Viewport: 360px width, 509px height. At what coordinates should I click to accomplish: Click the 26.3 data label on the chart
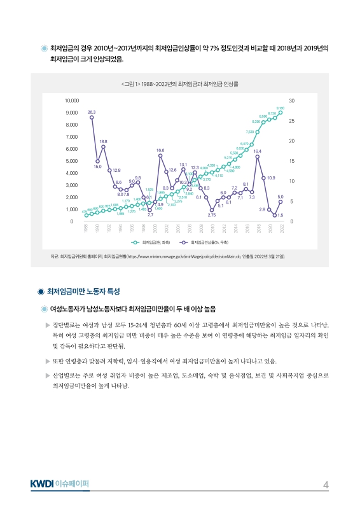pos(92,112)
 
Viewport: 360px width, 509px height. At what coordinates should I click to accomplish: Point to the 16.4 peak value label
pos(257,151)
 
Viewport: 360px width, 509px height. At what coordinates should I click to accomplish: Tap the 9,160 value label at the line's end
pos(280,108)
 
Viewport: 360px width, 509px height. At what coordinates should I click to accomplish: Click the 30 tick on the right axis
pos(291,101)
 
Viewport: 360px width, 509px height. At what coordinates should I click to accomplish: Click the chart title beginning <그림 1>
pos(180,83)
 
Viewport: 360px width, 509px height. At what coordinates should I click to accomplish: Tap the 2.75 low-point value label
pos(212,216)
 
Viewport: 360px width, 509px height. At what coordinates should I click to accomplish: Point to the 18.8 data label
pos(103,141)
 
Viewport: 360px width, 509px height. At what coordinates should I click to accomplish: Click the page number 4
pos(326,485)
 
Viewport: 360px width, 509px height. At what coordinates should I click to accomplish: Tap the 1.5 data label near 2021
pos(280,216)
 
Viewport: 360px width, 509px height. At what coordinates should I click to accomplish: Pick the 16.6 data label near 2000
pos(160,150)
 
